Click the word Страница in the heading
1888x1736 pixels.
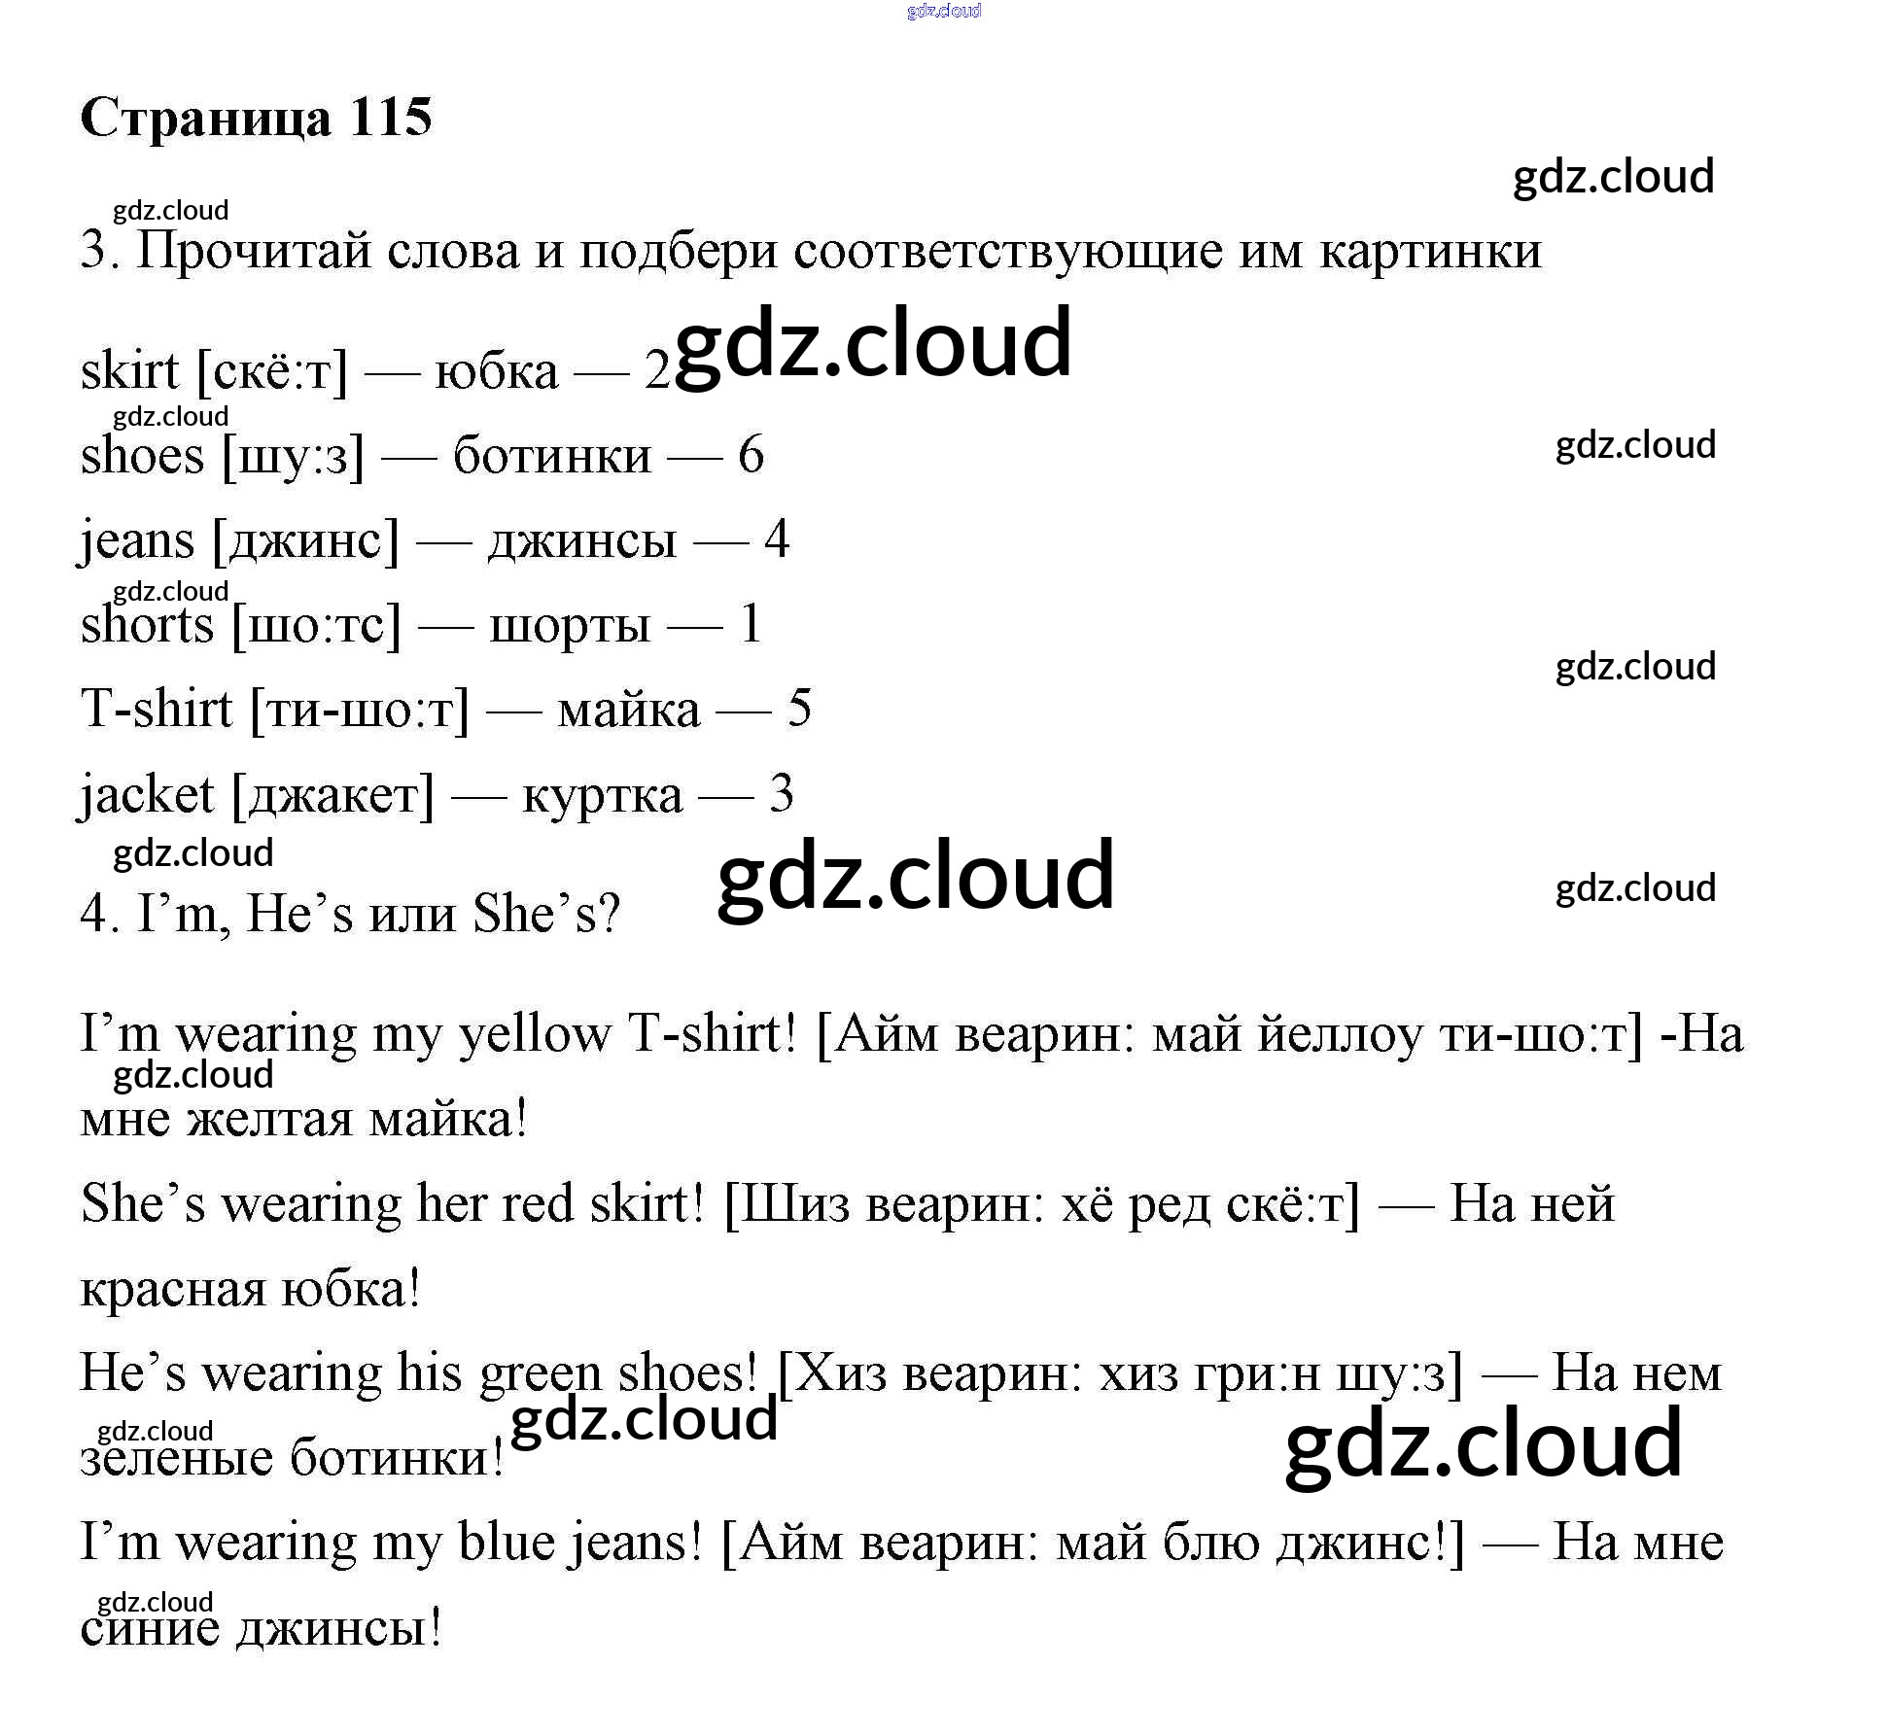(x=205, y=118)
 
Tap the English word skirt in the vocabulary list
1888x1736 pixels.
(x=129, y=370)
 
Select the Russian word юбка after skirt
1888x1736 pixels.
(x=496, y=370)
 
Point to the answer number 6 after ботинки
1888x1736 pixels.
(x=751, y=455)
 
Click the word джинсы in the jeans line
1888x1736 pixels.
(x=581, y=539)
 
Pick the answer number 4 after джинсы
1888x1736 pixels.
(x=776, y=539)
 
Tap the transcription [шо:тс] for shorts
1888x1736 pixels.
(x=316, y=624)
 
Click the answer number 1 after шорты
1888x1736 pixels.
(x=750, y=624)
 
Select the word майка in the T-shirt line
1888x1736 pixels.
(x=628, y=709)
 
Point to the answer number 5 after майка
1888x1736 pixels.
(x=799, y=709)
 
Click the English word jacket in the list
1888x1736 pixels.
(x=146, y=794)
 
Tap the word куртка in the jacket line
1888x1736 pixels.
(x=602, y=794)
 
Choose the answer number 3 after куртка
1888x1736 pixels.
(x=781, y=794)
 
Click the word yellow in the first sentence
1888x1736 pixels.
(x=534, y=1034)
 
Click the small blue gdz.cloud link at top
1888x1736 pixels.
(x=943, y=11)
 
